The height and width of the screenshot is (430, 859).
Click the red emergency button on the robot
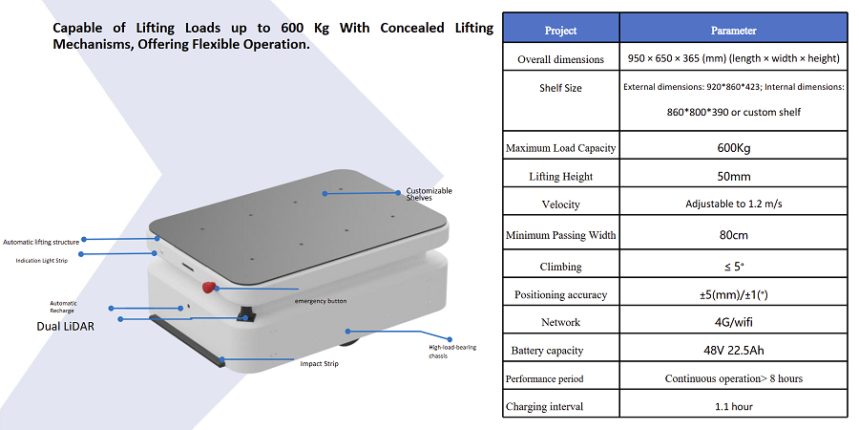[209, 287]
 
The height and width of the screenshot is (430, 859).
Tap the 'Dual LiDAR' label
[65, 327]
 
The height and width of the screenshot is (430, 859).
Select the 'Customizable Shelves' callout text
[429, 194]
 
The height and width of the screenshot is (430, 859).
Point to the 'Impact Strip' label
[320, 364]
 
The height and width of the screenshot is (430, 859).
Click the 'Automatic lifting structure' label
[41, 242]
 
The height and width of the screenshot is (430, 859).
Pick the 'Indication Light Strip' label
[42, 261]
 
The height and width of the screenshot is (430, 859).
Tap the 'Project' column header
[560, 31]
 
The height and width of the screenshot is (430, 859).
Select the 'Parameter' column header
[733, 31]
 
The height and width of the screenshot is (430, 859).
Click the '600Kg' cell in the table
[733, 147]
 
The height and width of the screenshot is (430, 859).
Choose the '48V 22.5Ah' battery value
[733, 350]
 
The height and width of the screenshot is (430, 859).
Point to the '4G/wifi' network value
[733, 322]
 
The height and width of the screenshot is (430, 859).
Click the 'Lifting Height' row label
[561, 177]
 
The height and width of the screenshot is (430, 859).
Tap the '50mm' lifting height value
[734, 177]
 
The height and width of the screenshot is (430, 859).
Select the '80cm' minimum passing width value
[734, 235]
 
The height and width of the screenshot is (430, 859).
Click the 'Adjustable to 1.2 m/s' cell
[734, 204]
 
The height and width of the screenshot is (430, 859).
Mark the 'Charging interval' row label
[545, 407]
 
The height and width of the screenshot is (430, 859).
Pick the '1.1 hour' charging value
[734, 407]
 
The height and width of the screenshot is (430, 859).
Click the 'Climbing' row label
[560, 268]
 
